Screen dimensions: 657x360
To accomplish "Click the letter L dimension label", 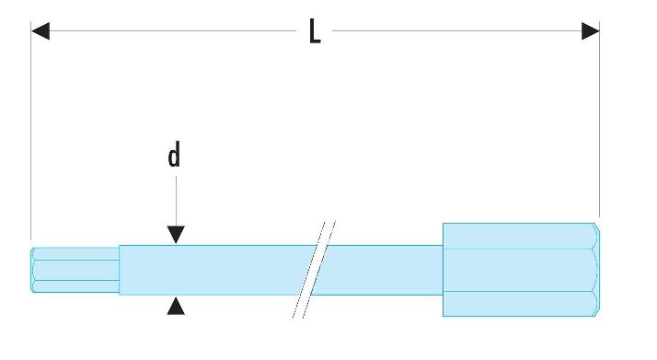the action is point(315,31).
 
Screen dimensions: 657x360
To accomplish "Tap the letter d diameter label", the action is point(174,155).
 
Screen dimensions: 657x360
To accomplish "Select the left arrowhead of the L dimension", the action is point(40,31).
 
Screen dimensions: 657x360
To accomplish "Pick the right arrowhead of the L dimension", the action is point(591,31).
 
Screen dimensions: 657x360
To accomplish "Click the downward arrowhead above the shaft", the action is point(176,234).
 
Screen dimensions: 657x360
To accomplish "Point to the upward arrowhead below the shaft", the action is point(176,306).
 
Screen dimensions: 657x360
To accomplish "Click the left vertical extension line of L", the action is point(31,130).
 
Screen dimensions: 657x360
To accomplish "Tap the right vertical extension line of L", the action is point(599,119).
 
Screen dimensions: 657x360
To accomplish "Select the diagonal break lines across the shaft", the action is point(314,270).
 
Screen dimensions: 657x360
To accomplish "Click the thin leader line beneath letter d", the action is point(176,201).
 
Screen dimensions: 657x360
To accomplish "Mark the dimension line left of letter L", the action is point(173,31).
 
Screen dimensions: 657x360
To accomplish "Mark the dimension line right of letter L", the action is point(456,31).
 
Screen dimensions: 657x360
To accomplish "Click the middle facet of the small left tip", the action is point(75,270).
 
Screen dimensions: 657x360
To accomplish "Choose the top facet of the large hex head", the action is point(520,236).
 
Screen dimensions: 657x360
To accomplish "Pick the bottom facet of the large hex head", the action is point(520,304).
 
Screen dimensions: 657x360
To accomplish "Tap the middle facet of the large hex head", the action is point(520,271).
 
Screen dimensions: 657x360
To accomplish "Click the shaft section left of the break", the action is point(216,270).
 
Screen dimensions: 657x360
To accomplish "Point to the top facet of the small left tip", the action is point(75,254).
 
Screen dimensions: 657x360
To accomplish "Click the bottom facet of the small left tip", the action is point(75,286).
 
